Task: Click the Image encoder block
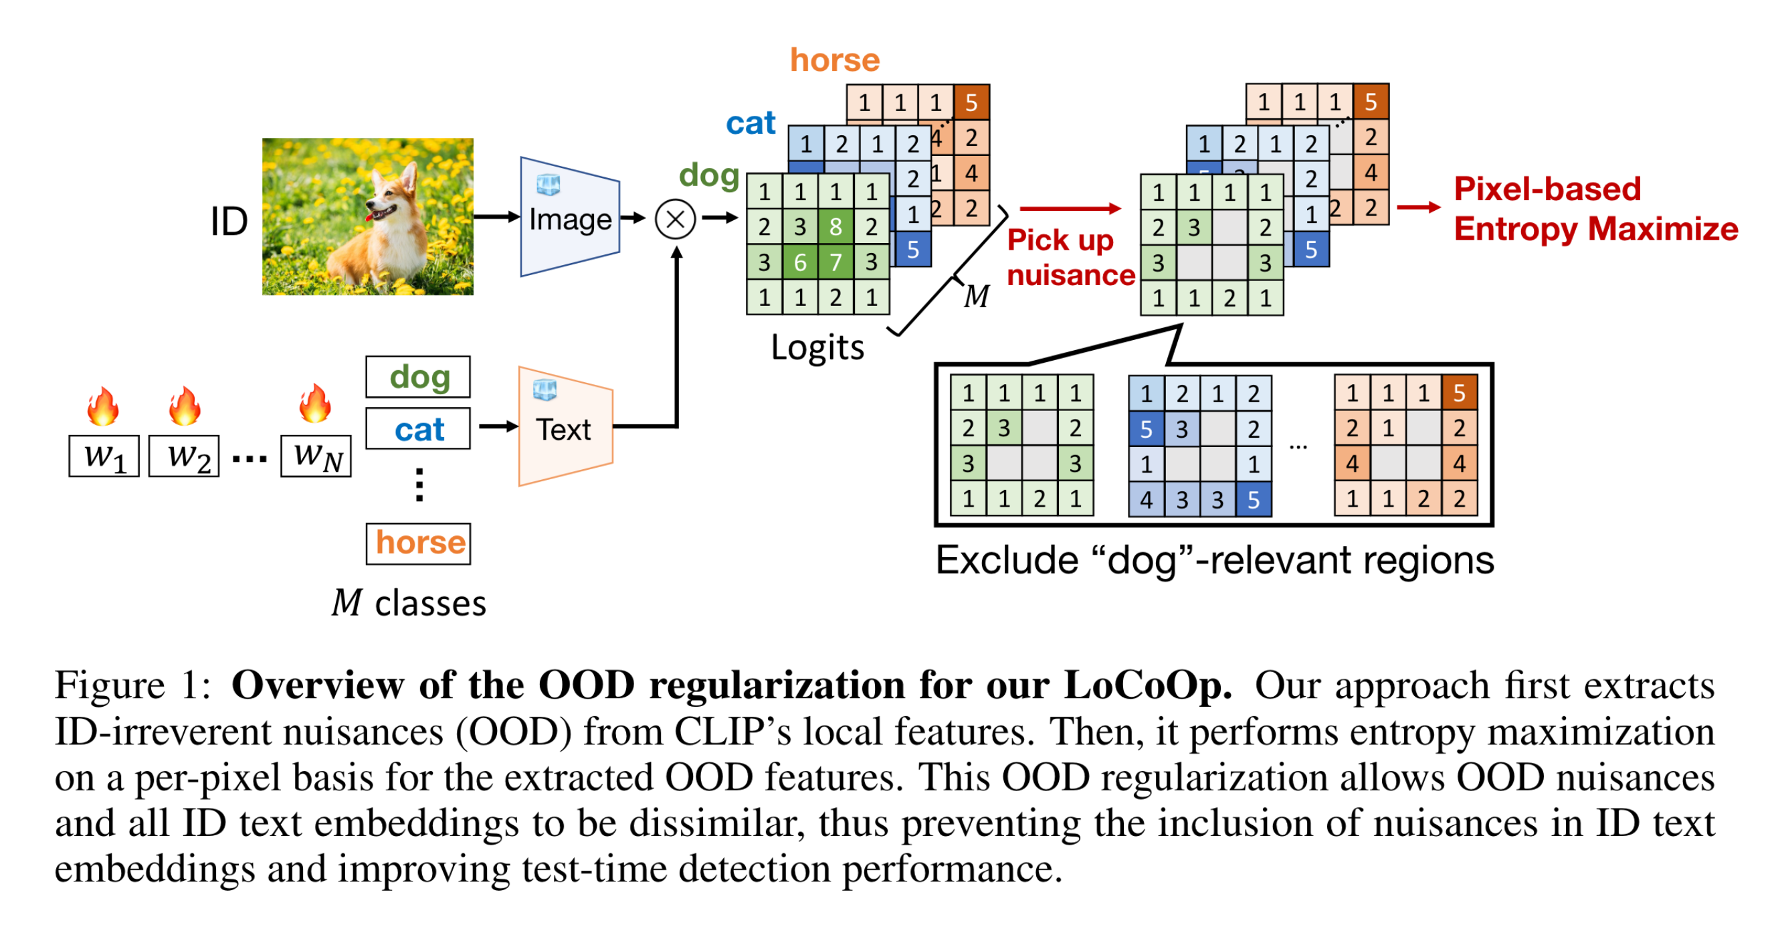569,217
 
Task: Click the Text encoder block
565,426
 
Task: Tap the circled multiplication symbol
676,219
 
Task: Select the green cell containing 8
835,226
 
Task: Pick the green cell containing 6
799,262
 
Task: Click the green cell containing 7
835,262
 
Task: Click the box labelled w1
104,456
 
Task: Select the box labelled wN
316,456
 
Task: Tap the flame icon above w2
185,405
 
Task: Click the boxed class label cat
418,428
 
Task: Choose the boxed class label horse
418,543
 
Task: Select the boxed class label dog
418,377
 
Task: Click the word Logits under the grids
817,347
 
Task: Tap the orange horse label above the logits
835,61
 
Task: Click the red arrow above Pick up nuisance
1070,208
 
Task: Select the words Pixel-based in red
1547,189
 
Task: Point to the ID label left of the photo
229,222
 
